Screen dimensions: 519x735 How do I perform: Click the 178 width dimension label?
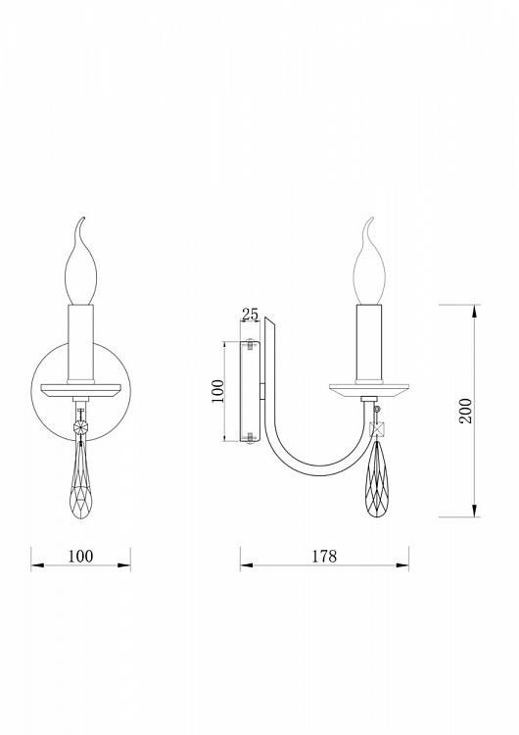pyautogui.click(x=324, y=556)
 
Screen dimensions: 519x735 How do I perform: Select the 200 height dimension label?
pyautogui.click(x=465, y=411)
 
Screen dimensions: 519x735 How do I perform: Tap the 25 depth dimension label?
pyautogui.click(x=250, y=314)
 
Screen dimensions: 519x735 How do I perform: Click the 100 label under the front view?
pyautogui.click(x=80, y=556)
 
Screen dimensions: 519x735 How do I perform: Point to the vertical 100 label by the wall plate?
pyautogui.click(x=217, y=391)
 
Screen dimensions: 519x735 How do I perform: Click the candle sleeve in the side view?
pyautogui.click(x=369, y=344)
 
